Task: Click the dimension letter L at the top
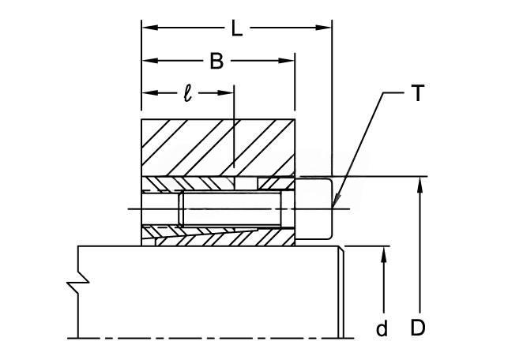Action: [237, 28]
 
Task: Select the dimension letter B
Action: [216, 61]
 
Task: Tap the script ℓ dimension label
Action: [187, 94]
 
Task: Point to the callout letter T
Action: [418, 93]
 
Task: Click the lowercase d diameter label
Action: [382, 328]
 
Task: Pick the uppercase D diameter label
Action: [417, 328]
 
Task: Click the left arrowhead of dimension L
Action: [150, 28]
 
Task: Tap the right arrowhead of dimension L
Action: [323, 28]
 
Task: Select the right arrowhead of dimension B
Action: [287, 61]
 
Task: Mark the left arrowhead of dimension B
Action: [150, 61]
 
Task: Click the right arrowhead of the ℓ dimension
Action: [225, 93]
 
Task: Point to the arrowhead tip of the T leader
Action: [333, 207]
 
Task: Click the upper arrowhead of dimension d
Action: [384, 254]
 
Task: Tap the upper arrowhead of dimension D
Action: [420, 185]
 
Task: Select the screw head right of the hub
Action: [314, 208]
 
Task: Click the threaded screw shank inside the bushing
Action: [230, 208]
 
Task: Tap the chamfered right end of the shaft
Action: [341, 292]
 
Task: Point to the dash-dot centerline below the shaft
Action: [211, 339]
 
